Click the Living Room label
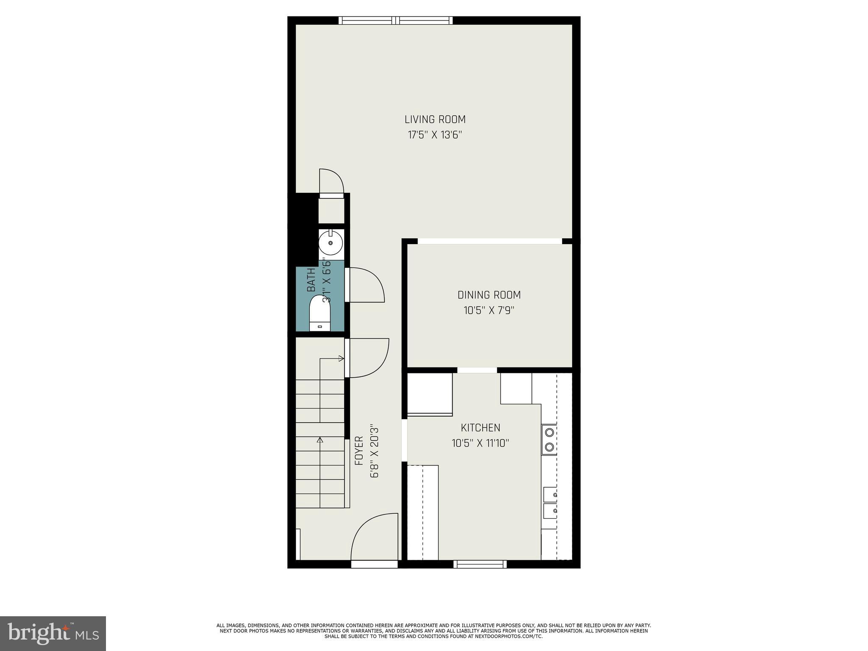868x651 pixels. [435, 120]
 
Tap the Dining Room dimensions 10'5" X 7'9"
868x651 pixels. [489, 311]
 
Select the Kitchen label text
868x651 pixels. [480, 428]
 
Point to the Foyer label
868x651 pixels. [359, 451]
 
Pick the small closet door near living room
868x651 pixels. [331, 182]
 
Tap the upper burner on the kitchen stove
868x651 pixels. [549, 432]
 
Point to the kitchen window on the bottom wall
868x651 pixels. [480, 564]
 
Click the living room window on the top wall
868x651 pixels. [395, 20]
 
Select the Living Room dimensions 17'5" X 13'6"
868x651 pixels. [435, 135]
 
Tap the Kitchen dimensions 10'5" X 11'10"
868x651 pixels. [480, 443]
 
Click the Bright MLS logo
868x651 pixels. [53, 633]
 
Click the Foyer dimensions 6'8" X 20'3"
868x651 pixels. [374, 451]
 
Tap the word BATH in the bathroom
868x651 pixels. [312, 280]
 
